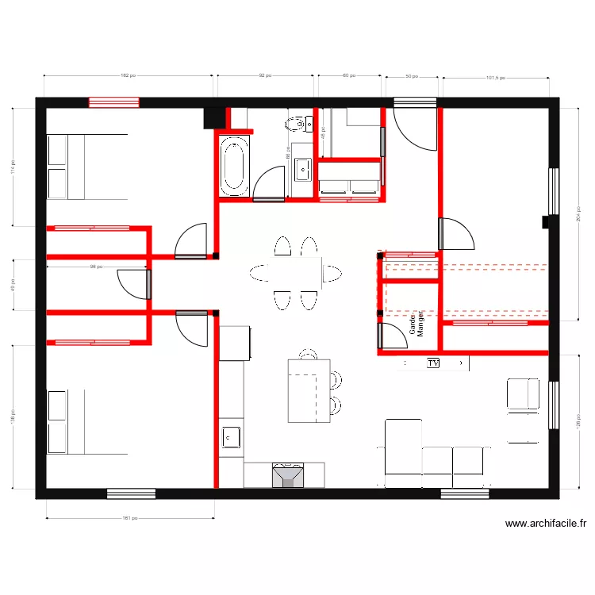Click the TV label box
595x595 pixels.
[x=433, y=363]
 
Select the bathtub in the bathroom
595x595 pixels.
[x=234, y=166]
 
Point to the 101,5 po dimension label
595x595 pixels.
[x=495, y=78]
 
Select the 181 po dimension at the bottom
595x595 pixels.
[x=130, y=518]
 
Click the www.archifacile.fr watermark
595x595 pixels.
[x=546, y=524]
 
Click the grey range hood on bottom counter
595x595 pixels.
[x=287, y=474]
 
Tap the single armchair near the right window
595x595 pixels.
[x=523, y=395]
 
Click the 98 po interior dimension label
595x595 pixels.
[x=96, y=267]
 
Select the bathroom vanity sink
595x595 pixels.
[x=302, y=168]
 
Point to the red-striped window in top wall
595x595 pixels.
[x=113, y=102]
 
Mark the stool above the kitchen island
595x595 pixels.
[x=308, y=353]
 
